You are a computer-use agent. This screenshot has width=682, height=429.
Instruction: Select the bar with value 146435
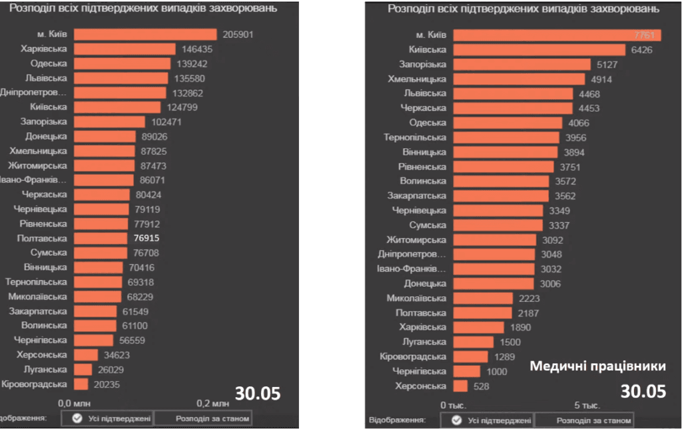coord(125,49)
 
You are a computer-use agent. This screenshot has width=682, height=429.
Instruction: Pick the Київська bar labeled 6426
coord(539,50)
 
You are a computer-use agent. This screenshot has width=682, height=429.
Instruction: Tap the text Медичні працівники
coord(597,366)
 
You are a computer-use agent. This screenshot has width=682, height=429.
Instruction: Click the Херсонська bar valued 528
coord(460,386)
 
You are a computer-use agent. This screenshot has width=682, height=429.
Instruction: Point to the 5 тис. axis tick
coord(587,404)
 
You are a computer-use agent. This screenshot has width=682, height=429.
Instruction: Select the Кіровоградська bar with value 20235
coord(81,384)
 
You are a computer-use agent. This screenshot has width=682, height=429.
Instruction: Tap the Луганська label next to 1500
coord(424,342)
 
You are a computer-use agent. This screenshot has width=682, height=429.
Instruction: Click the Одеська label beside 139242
coord(49,64)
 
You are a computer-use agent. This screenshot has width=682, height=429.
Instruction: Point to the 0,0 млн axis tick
coord(74,403)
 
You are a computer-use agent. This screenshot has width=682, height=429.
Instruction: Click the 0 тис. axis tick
coord(454,404)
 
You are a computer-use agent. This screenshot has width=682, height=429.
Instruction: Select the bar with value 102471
coord(109,122)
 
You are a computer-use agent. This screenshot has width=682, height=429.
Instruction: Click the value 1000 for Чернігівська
coord(496,371)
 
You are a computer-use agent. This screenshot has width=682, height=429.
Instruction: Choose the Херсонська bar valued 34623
coord(86,355)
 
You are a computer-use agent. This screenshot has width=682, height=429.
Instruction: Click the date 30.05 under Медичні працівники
coord(643,391)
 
